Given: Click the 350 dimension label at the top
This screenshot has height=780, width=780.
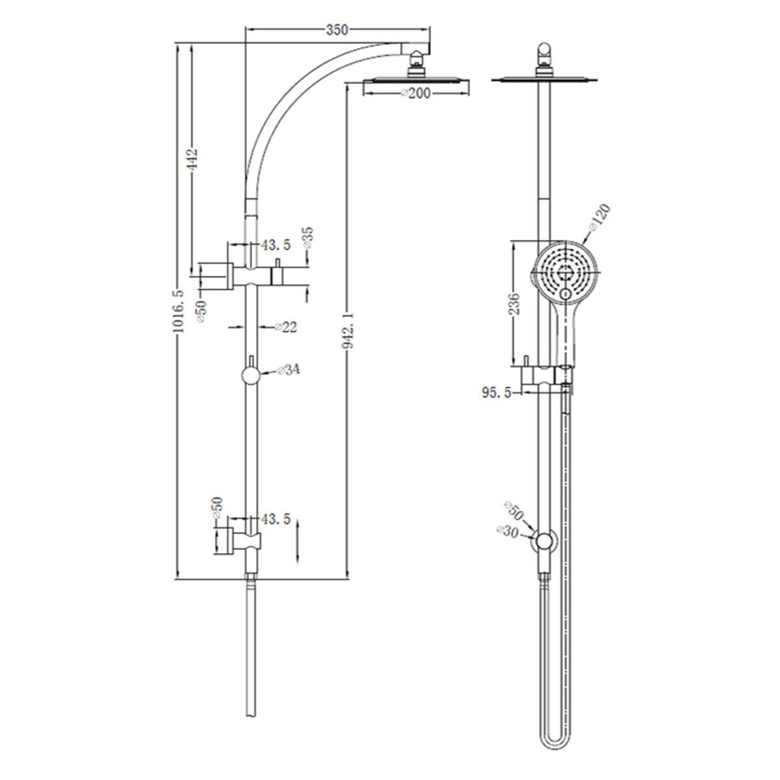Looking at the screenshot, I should tap(338, 29).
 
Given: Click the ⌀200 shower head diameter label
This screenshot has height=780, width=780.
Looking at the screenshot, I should tap(416, 94).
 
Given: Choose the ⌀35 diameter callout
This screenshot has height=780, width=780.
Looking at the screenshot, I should tap(307, 238).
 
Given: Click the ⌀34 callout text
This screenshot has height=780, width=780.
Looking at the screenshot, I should tap(288, 370).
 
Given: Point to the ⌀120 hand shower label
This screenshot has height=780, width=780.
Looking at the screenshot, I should tap(599, 218).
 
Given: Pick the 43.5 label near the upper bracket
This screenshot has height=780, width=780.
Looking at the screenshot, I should tap(276, 245).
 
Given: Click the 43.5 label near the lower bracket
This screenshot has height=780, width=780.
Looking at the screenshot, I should tap(276, 520).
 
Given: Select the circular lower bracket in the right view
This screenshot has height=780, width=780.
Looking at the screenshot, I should tap(544, 541).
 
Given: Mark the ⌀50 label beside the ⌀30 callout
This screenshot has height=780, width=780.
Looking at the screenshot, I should tap(513, 512).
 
